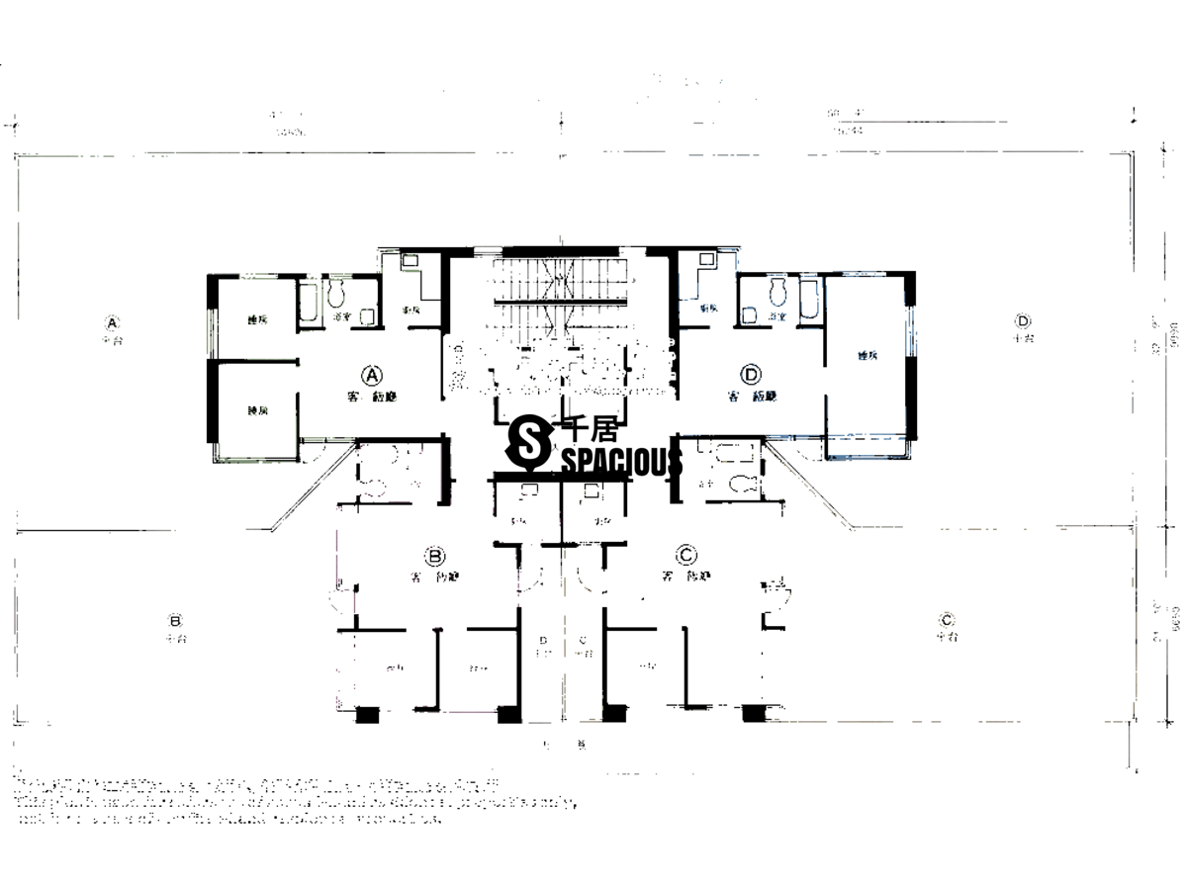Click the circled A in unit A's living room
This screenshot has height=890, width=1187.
(372, 375)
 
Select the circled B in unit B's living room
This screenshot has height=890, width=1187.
(432, 555)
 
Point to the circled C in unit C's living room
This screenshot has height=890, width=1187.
(684, 554)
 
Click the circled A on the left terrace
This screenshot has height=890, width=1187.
(113, 322)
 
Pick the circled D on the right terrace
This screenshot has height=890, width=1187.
(1022, 320)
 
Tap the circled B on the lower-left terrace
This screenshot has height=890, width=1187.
(175, 621)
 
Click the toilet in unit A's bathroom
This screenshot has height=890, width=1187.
(336, 293)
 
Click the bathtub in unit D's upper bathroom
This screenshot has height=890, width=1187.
(808, 301)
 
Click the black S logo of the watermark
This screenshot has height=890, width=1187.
(528, 443)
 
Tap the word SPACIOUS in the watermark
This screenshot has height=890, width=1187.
(622, 462)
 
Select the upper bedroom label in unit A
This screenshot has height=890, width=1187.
(257, 319)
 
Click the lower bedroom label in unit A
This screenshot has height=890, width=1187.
(257, 409)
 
